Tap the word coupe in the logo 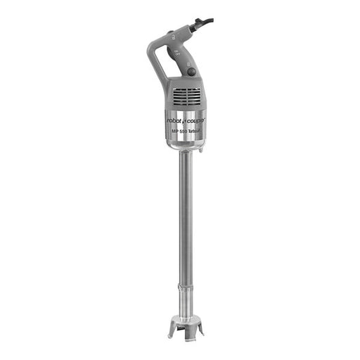[196, 120]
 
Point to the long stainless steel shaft [185, 218]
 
